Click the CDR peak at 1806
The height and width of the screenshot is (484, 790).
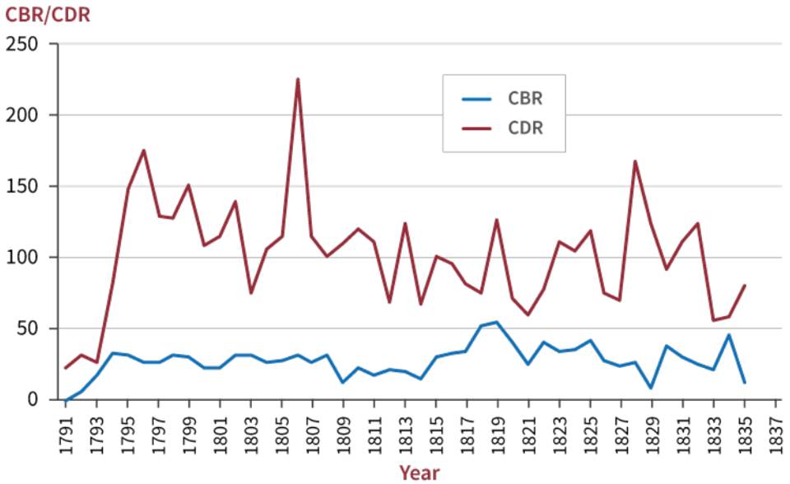pos(297,79)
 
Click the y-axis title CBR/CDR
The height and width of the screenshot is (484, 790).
pos(48,14)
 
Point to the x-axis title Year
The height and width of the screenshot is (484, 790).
pos(419,472)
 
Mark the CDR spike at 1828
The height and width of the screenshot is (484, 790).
pos(635,161)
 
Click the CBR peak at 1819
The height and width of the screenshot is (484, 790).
pos(496,322)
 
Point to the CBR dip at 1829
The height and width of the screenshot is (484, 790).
pos(651,388)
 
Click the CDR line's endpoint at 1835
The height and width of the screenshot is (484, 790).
pos(744,286)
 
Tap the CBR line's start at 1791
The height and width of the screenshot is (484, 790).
pos(66,400)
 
